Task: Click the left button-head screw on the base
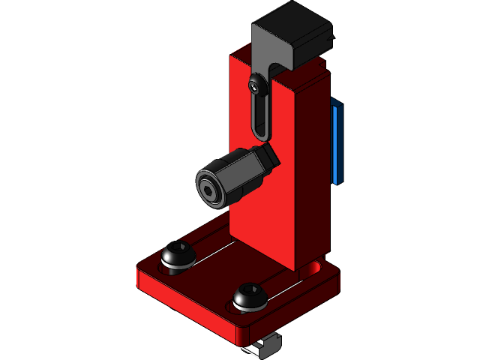point(178,256)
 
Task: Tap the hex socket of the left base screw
point(179,248)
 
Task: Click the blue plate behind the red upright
point(338,142)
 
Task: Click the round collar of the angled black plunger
point(212,185)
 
